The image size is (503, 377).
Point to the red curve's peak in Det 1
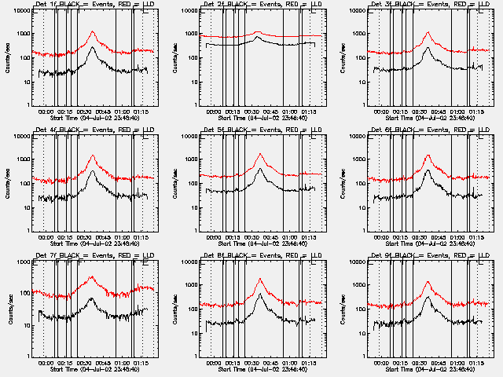[93, 32]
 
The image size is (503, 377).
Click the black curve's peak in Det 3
[428, 48]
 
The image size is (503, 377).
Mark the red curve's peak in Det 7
[92, 276]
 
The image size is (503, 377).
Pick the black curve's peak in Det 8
[259, 295]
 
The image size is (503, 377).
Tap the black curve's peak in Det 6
[428, 170]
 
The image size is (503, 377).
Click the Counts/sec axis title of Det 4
[8, 184]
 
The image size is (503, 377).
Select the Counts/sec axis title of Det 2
[175, 58]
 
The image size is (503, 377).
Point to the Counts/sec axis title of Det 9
[343, 309]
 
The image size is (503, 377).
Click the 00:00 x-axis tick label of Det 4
[45, 237]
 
